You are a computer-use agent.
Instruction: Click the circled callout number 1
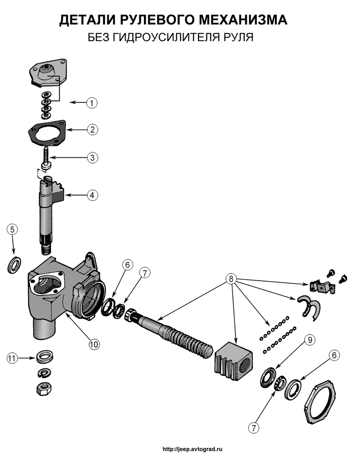tap(91, 103)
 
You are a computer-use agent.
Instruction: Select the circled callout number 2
tap(91, 130)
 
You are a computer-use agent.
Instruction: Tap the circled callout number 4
tap(91, 195)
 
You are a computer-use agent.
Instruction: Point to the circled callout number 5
tap(13, 229)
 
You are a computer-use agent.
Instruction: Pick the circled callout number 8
tap(231, 279)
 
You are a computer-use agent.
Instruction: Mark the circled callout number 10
tap(93, 344)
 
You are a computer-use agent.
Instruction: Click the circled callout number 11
tap(12, 358)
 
